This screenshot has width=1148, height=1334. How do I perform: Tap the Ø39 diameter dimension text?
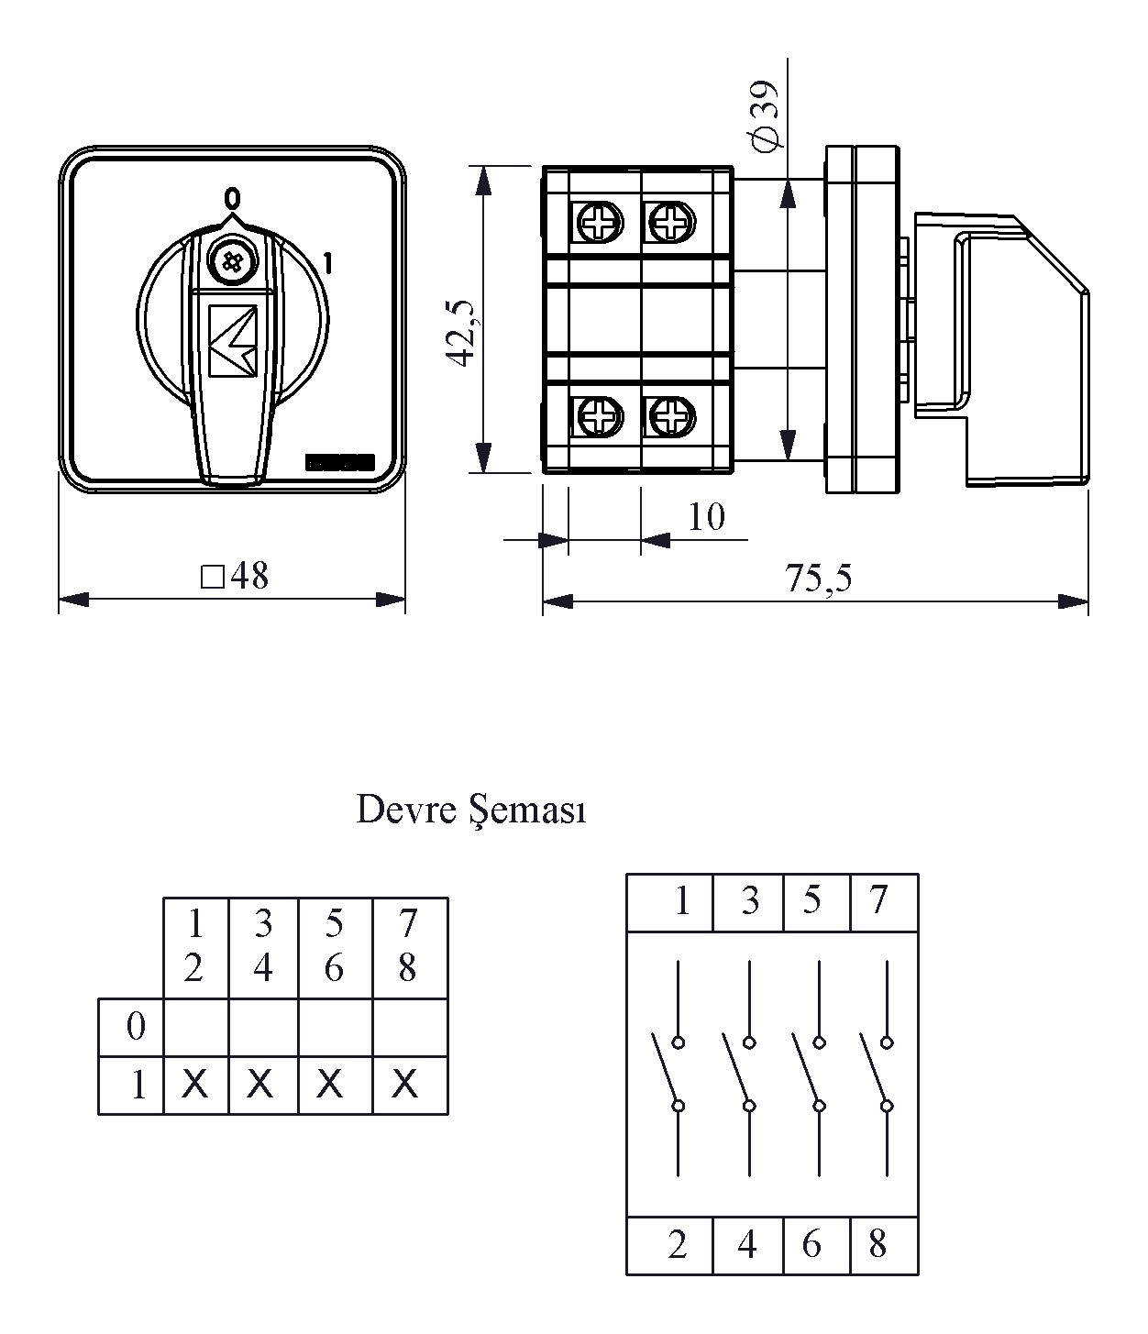764,114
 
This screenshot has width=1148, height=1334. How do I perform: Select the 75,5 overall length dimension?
818,579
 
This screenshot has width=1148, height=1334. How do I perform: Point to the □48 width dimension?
235,577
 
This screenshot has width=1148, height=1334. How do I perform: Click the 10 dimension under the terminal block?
705,518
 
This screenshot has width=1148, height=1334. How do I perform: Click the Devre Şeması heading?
470,810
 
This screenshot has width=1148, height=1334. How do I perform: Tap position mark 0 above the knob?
233,198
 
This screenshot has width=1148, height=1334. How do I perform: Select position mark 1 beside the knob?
327,264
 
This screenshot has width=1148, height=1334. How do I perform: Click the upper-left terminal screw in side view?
600,221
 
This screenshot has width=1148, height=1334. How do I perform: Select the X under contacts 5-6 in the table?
331,1086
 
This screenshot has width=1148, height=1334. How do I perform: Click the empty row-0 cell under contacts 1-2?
195,1028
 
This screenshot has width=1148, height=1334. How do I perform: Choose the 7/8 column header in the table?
409,946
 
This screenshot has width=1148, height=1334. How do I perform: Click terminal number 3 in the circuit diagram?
750,902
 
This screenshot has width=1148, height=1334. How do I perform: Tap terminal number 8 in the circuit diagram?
878,1245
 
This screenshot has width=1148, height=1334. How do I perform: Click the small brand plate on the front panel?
339,463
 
